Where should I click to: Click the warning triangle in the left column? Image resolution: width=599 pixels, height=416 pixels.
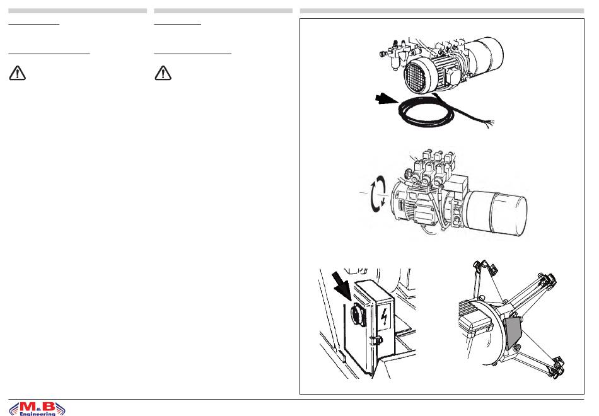[x=17, y=73]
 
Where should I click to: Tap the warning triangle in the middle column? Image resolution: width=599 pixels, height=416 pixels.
[x=163, y=73]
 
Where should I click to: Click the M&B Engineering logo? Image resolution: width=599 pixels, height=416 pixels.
[x=37, y=408]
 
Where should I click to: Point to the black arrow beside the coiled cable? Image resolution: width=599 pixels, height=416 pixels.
[x=387, y=100]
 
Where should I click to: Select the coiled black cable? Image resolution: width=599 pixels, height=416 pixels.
[x=420, y=113]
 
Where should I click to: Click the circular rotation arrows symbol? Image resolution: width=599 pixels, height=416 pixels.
[x=378, y=193]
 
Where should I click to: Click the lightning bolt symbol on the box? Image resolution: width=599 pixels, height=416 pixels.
[x=385, y=316]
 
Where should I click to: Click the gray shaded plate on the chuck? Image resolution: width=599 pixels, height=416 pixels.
[x=513, y=332]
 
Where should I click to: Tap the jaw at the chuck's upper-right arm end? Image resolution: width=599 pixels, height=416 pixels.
[x=549, y=280]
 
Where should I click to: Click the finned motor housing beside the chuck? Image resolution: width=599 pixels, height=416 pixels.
[x=475, y=319]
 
